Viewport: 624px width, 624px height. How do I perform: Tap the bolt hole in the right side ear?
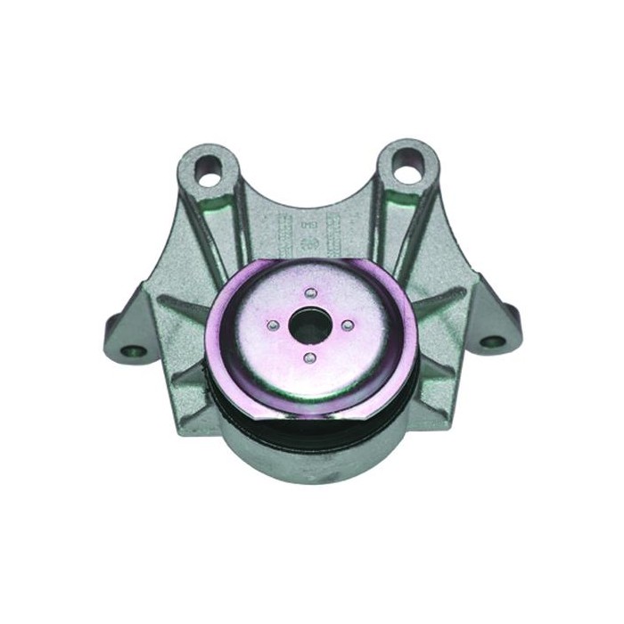[x=490, y=340]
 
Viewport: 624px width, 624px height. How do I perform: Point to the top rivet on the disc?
[x=309, y=293]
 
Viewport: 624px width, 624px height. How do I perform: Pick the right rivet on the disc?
[x=347, y=324]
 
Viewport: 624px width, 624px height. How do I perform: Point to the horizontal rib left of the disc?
[x=183, y=308]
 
